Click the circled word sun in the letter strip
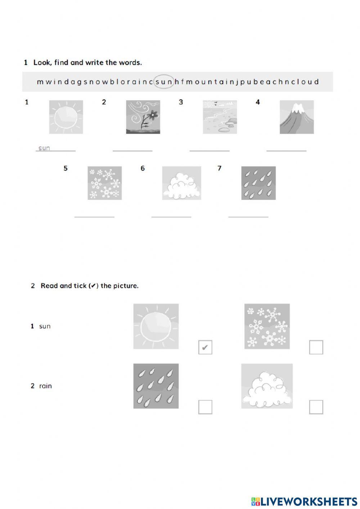pos(164,82)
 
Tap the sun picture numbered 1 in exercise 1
pos(66,117)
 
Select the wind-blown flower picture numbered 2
pos(143,117)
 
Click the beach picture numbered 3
pos(220,117)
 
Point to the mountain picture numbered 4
pos(297,117)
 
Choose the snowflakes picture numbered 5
pos(104,183)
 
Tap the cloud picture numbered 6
pos(181,183)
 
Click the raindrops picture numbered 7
pos(258,183)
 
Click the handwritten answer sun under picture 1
pos(44,148)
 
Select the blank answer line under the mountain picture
pos(286,150)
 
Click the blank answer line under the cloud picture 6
pos(171,216)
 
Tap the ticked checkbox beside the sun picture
pos(205,347)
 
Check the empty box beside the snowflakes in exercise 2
pos(316,347)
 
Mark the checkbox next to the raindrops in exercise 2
pos(205,407)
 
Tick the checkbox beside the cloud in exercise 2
pos(316,407)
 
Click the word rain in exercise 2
pos(45,386)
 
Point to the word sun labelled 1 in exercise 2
pos(45,326)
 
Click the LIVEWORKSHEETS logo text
pos(309,501)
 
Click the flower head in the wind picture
pos(153,115)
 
